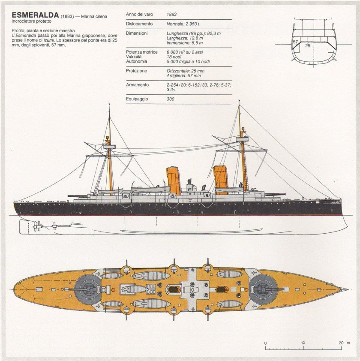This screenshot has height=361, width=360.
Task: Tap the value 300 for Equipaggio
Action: click(171, 99)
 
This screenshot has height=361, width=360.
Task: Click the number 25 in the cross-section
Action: click(308, 45)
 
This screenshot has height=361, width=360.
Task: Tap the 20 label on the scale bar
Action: click(341, 343)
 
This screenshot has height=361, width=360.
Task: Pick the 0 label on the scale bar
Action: click(266, 343)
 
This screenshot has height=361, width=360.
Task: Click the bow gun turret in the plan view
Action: click(263, 287)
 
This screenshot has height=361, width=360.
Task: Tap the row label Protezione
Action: click(137, 71)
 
